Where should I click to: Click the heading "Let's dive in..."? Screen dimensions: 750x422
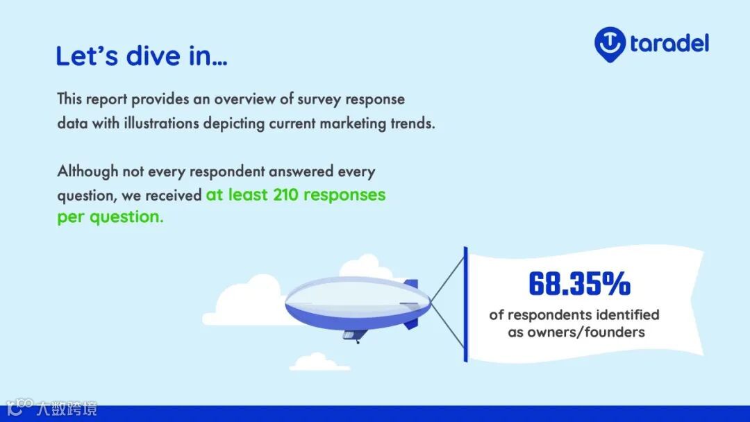142,56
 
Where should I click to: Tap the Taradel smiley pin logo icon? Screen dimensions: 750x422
610,44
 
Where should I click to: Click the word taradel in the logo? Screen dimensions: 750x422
669,44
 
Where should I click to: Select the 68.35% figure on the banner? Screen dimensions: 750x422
579,283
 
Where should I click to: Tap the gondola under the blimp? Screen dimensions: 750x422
354,335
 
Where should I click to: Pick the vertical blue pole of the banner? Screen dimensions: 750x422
465,305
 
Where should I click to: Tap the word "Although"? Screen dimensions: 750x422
87,171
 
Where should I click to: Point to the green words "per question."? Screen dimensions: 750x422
110,217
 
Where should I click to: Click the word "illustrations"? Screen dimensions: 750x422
161,124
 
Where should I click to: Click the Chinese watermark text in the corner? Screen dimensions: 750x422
67,409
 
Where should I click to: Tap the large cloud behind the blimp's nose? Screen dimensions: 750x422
249,301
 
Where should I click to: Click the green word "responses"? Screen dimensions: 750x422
344,195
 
